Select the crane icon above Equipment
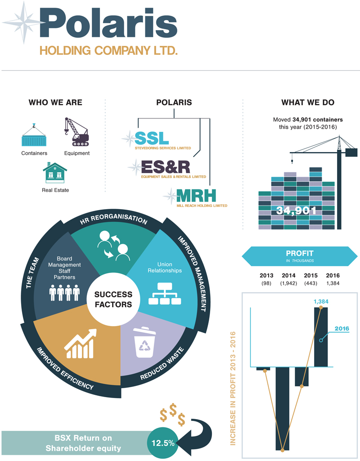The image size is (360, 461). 76,132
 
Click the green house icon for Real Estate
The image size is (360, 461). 55,173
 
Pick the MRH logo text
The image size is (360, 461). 196,196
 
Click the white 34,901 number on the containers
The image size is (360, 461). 297,210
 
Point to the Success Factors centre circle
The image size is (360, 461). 113,300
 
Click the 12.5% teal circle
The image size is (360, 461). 162,443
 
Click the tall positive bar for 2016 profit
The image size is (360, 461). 321,337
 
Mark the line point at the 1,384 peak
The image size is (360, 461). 321,307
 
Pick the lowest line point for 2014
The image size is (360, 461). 282,449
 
